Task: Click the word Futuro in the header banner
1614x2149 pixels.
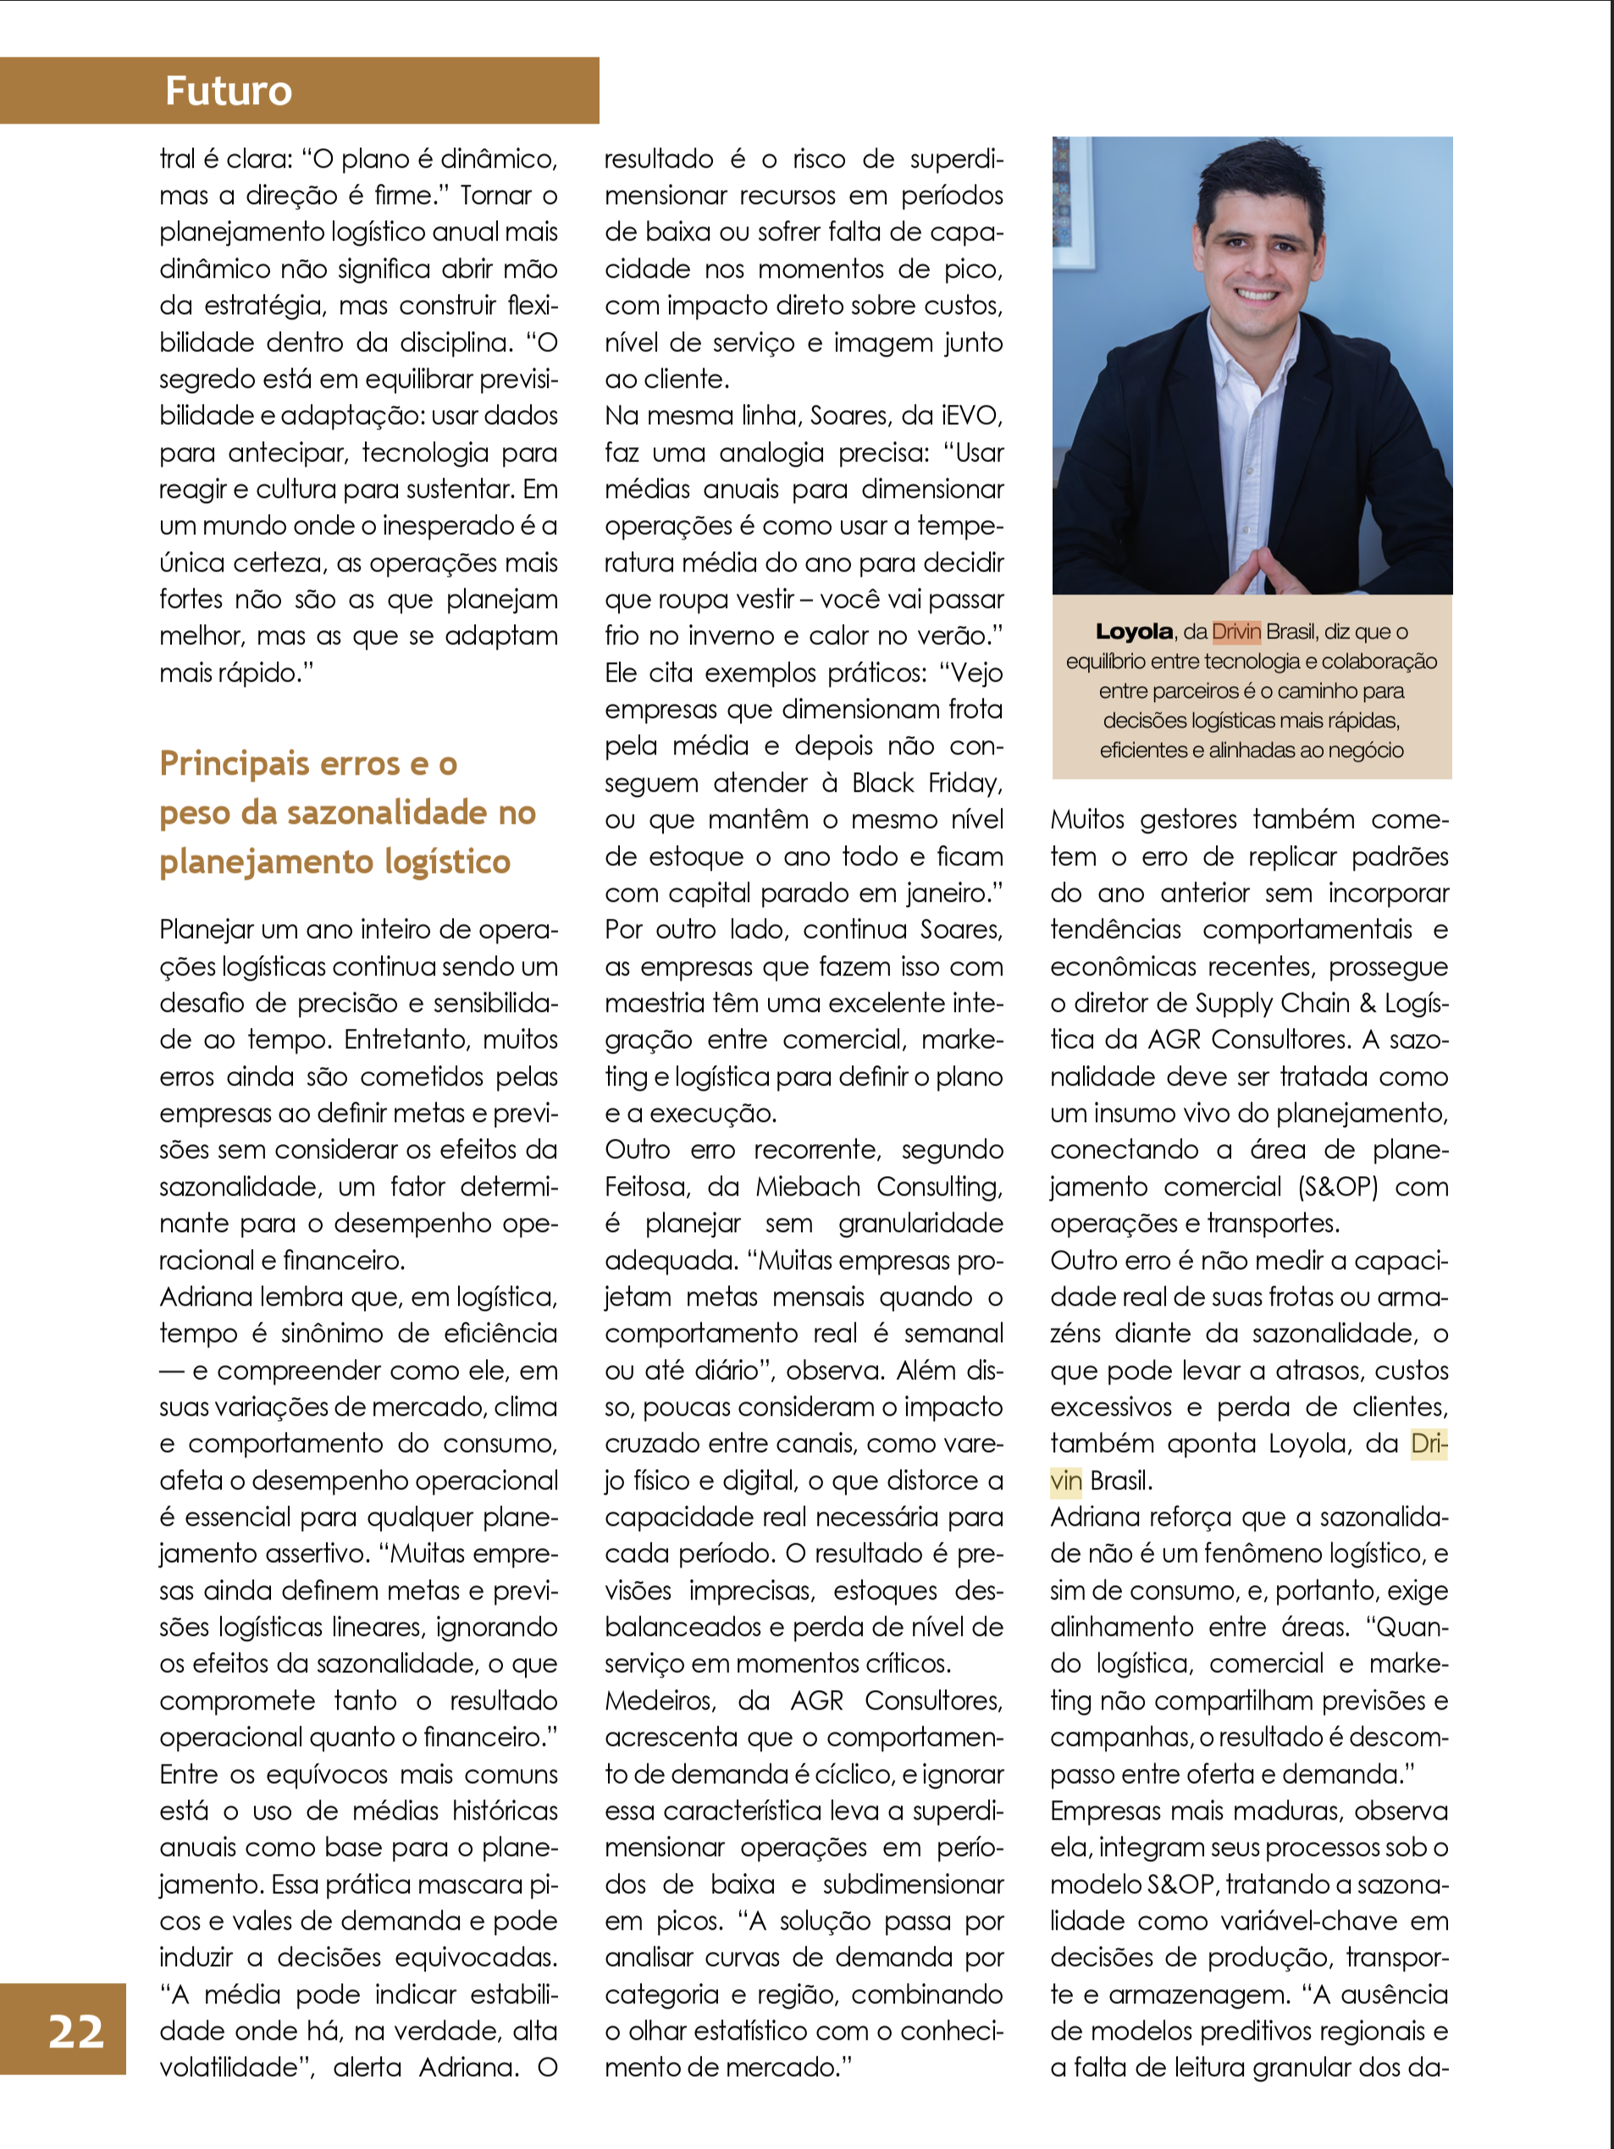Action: tap(229, 91)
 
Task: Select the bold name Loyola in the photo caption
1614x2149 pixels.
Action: tap(1133, 632)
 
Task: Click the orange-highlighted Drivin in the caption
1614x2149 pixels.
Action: tap(1236, 632)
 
